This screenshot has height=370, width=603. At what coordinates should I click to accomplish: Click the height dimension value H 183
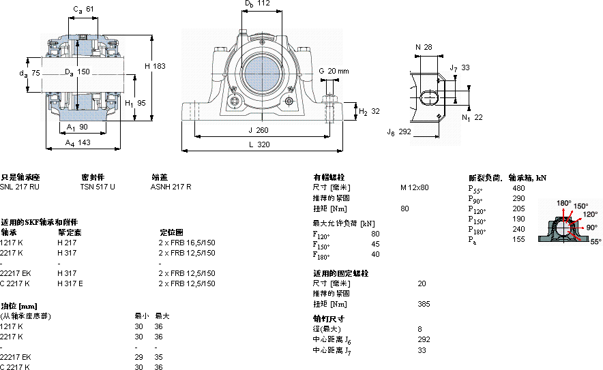click(155, 66)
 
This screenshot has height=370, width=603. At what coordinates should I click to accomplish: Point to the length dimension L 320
click(259, 144)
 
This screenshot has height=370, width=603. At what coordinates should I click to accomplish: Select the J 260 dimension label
click(259, 130)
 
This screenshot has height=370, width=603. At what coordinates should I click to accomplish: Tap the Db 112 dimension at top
click(257, 4)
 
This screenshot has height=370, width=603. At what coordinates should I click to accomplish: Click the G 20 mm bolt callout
click(334, 71)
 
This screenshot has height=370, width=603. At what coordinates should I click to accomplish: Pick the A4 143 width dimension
click(78, 142)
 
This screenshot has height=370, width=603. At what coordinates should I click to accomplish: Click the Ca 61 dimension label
click(84, 8)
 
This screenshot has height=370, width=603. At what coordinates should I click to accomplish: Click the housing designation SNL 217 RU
click(20, 187)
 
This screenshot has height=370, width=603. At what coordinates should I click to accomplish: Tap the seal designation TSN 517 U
click(98, 187)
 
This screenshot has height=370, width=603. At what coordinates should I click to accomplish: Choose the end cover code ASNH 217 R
click(171, 187)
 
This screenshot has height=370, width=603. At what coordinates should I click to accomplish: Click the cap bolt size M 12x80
click(415, 187)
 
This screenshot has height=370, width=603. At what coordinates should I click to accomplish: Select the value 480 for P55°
click(518, 187)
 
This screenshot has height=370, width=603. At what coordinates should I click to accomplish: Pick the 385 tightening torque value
click(424, 304)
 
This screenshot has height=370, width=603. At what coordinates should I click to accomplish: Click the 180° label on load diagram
click(563, 202)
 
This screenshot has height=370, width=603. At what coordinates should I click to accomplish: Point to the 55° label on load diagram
click(595, 241)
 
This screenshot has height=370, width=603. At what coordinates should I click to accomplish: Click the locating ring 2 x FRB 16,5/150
click(187, 243)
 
